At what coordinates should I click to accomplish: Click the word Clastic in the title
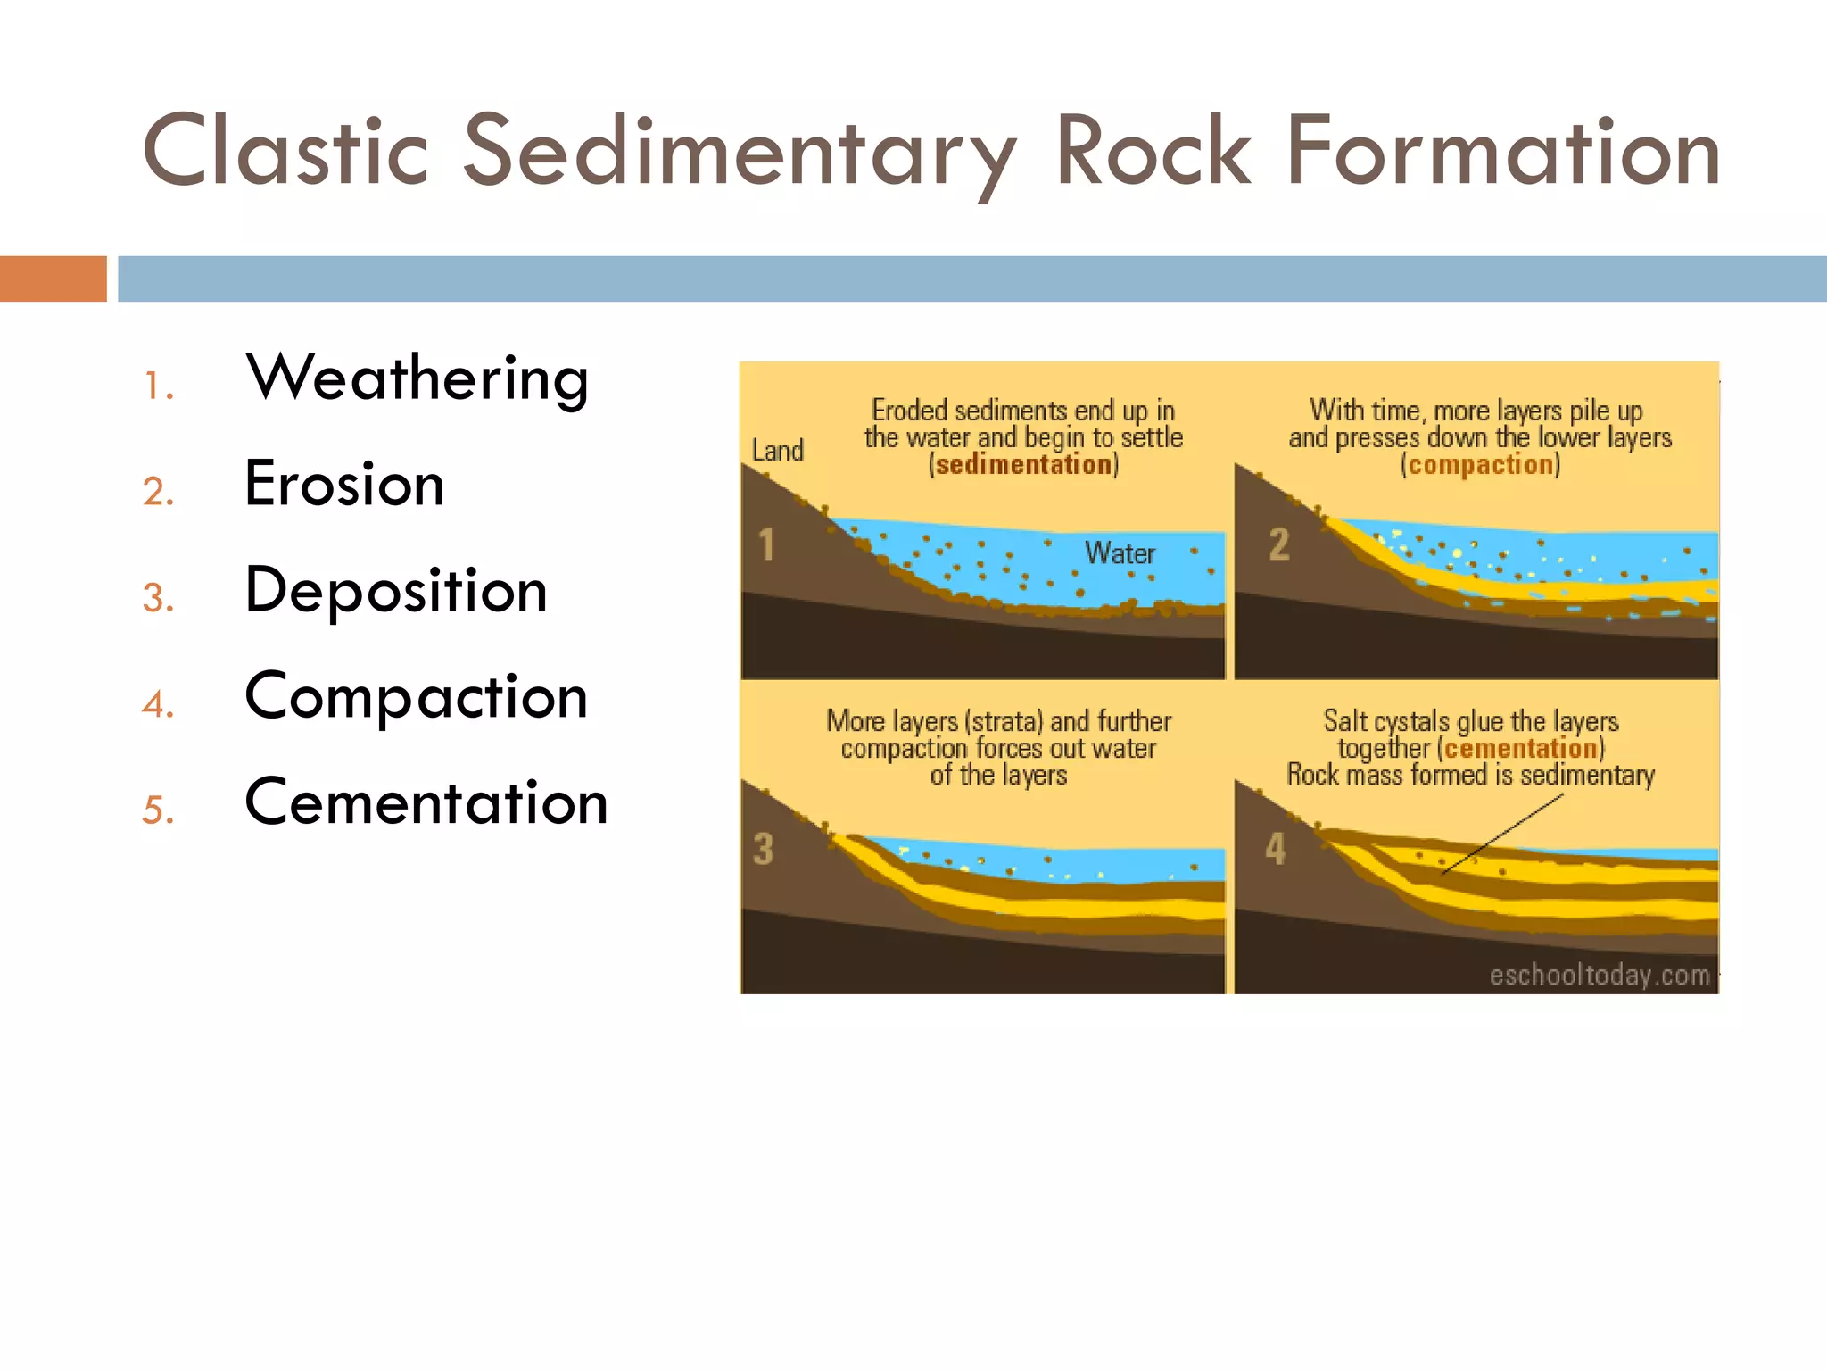point(286,151)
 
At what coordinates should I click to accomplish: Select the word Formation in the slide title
point(1503,151)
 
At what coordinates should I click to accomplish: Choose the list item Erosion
point(344,483)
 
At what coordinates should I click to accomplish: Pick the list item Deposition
point(396,592)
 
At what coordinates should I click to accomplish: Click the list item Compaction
point(417,697)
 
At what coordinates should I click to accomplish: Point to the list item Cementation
point(426,802)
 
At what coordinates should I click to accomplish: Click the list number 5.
point(157,810)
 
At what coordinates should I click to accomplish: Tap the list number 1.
point(157,386)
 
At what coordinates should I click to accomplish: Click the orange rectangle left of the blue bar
point(54,278)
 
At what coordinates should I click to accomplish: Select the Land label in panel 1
point(778,451)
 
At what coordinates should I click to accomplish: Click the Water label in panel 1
point(1120,553)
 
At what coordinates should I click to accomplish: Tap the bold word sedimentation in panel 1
point(1023,465)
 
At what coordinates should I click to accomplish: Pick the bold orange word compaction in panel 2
point(1481,465)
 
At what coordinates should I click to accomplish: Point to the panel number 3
point(763,849)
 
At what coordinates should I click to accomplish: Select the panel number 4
point(1276,848)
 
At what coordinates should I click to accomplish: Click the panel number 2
point(1279,544)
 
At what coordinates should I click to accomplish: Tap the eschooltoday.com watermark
point(1600,975)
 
